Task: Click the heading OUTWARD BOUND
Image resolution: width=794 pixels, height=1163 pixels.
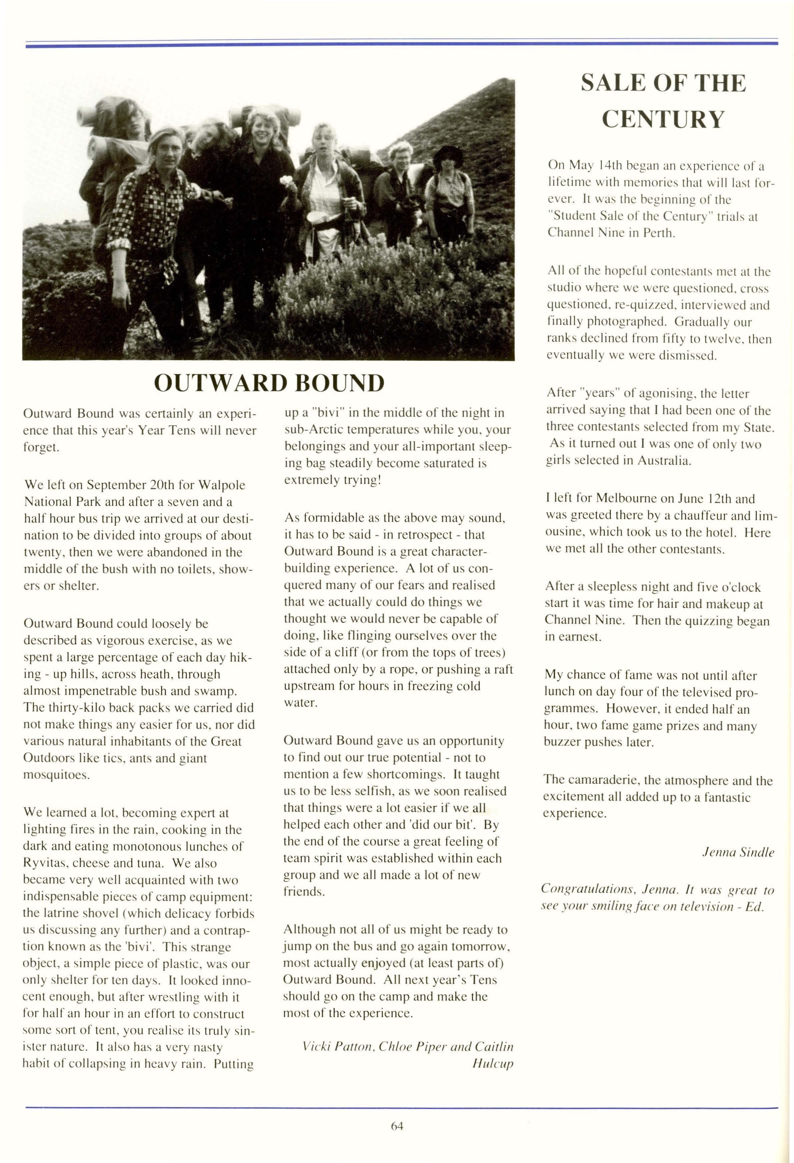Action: tap(269, 383)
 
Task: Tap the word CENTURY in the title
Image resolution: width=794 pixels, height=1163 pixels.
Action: tap(663, 119)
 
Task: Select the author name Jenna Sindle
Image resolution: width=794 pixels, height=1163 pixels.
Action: tap(738, 852)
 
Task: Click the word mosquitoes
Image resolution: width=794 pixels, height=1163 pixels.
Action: tap(56, 775)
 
